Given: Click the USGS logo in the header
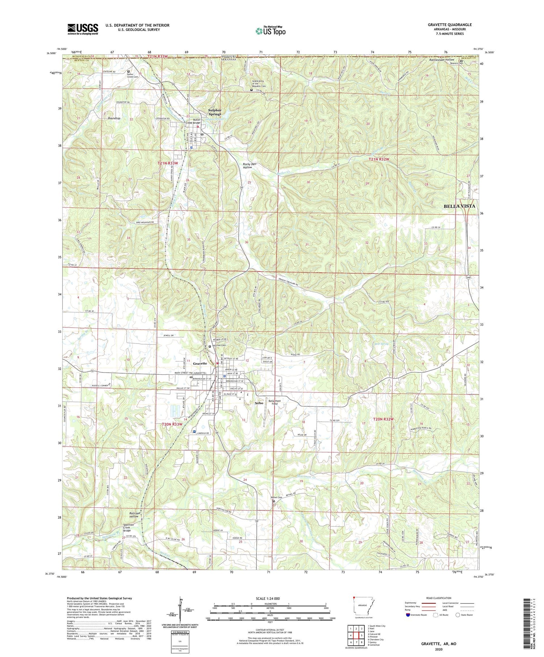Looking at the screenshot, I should click(83, 29).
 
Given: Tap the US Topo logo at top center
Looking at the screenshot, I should click(270, 31).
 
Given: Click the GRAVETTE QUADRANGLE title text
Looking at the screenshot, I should click(449, 25).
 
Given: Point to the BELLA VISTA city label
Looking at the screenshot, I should click(459, 206).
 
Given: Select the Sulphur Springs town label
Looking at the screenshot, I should click(215, 112).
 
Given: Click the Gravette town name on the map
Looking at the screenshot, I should click(200, 363).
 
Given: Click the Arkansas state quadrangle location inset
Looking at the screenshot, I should click(363, 607).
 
